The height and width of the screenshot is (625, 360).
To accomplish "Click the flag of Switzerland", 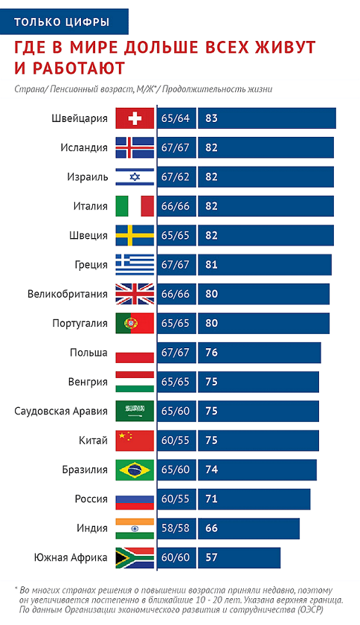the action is [x=135, y=118].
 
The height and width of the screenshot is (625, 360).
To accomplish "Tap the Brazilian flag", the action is [x=135, y=470].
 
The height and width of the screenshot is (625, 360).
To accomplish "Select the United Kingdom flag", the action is [x=135, y=294].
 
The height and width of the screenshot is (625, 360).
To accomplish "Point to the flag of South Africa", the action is [x=135, y=557].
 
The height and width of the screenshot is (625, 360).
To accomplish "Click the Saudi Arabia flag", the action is [x=135, y=411].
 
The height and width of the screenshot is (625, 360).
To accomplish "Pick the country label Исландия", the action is [x=84, y=148].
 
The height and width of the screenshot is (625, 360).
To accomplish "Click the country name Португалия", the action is [x=80, y=323].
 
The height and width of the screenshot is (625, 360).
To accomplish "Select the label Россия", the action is [x=91, y=499].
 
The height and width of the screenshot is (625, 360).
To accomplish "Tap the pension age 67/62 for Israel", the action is [x=176, y=177].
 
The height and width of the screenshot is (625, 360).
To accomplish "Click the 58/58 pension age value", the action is [x=176, y=528].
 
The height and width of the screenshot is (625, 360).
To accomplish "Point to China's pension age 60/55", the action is [x=176, y=440].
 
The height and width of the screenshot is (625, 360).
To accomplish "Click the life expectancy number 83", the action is [x=211, y=118].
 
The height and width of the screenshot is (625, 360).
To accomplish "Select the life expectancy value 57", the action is [x=211, y=557].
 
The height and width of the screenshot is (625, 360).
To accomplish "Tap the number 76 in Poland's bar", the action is [x=211, y=353].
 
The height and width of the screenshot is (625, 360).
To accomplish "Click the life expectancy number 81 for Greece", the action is [x=211, y=265].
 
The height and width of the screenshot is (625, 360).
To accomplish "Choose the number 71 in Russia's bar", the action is [x=211, y=499].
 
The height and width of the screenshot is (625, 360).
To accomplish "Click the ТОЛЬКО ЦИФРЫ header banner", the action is [x=64, y=22].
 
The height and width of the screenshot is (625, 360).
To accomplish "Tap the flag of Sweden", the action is [x=135, y=236].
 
